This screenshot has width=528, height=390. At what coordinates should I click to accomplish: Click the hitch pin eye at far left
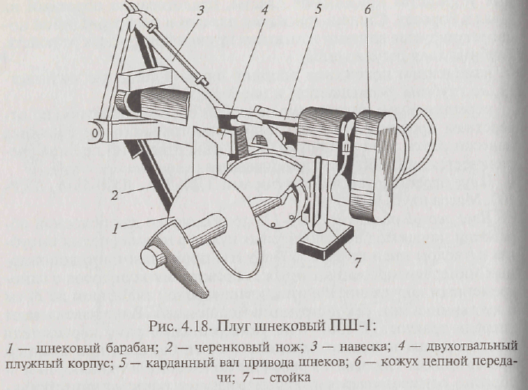pyautogui.click(x=93, y=132)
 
